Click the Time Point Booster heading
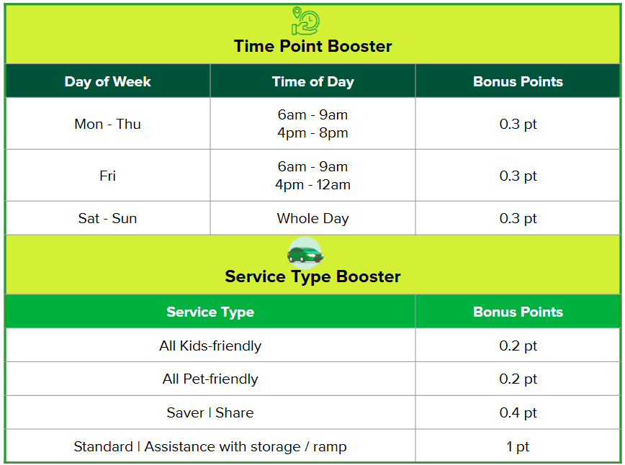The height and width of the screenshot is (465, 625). tap(312, 46)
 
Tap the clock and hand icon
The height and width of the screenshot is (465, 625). tap(305, 21)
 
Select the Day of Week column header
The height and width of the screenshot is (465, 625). tap(107, 81)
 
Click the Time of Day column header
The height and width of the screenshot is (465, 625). tap(313, 81)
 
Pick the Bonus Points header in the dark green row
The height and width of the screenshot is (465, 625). tap(518, 81)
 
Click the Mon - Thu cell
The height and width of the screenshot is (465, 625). tap(107, 124)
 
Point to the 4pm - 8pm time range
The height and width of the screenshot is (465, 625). tap(313, 132)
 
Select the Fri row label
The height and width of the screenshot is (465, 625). tap(107, 176)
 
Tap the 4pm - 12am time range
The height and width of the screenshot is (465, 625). tap(313, 185)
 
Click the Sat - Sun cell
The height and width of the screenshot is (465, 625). tap(107, 218)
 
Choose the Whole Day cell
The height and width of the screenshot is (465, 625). tap(313, 219)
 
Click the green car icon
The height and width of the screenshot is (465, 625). tap(305, 253)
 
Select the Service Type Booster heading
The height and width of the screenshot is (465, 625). tap(312, 276)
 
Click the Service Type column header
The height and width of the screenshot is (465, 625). tap(210, 312)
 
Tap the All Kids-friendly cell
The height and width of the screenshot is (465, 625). tap(210, 346)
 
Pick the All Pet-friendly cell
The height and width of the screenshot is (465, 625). tap(210, 379)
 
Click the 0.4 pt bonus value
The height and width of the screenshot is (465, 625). tap(518, 412)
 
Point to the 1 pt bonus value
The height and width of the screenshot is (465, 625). tap(518, 447)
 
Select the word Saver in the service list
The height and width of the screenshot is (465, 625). tap(185, 412)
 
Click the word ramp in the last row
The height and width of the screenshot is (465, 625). tap(330, 448)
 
